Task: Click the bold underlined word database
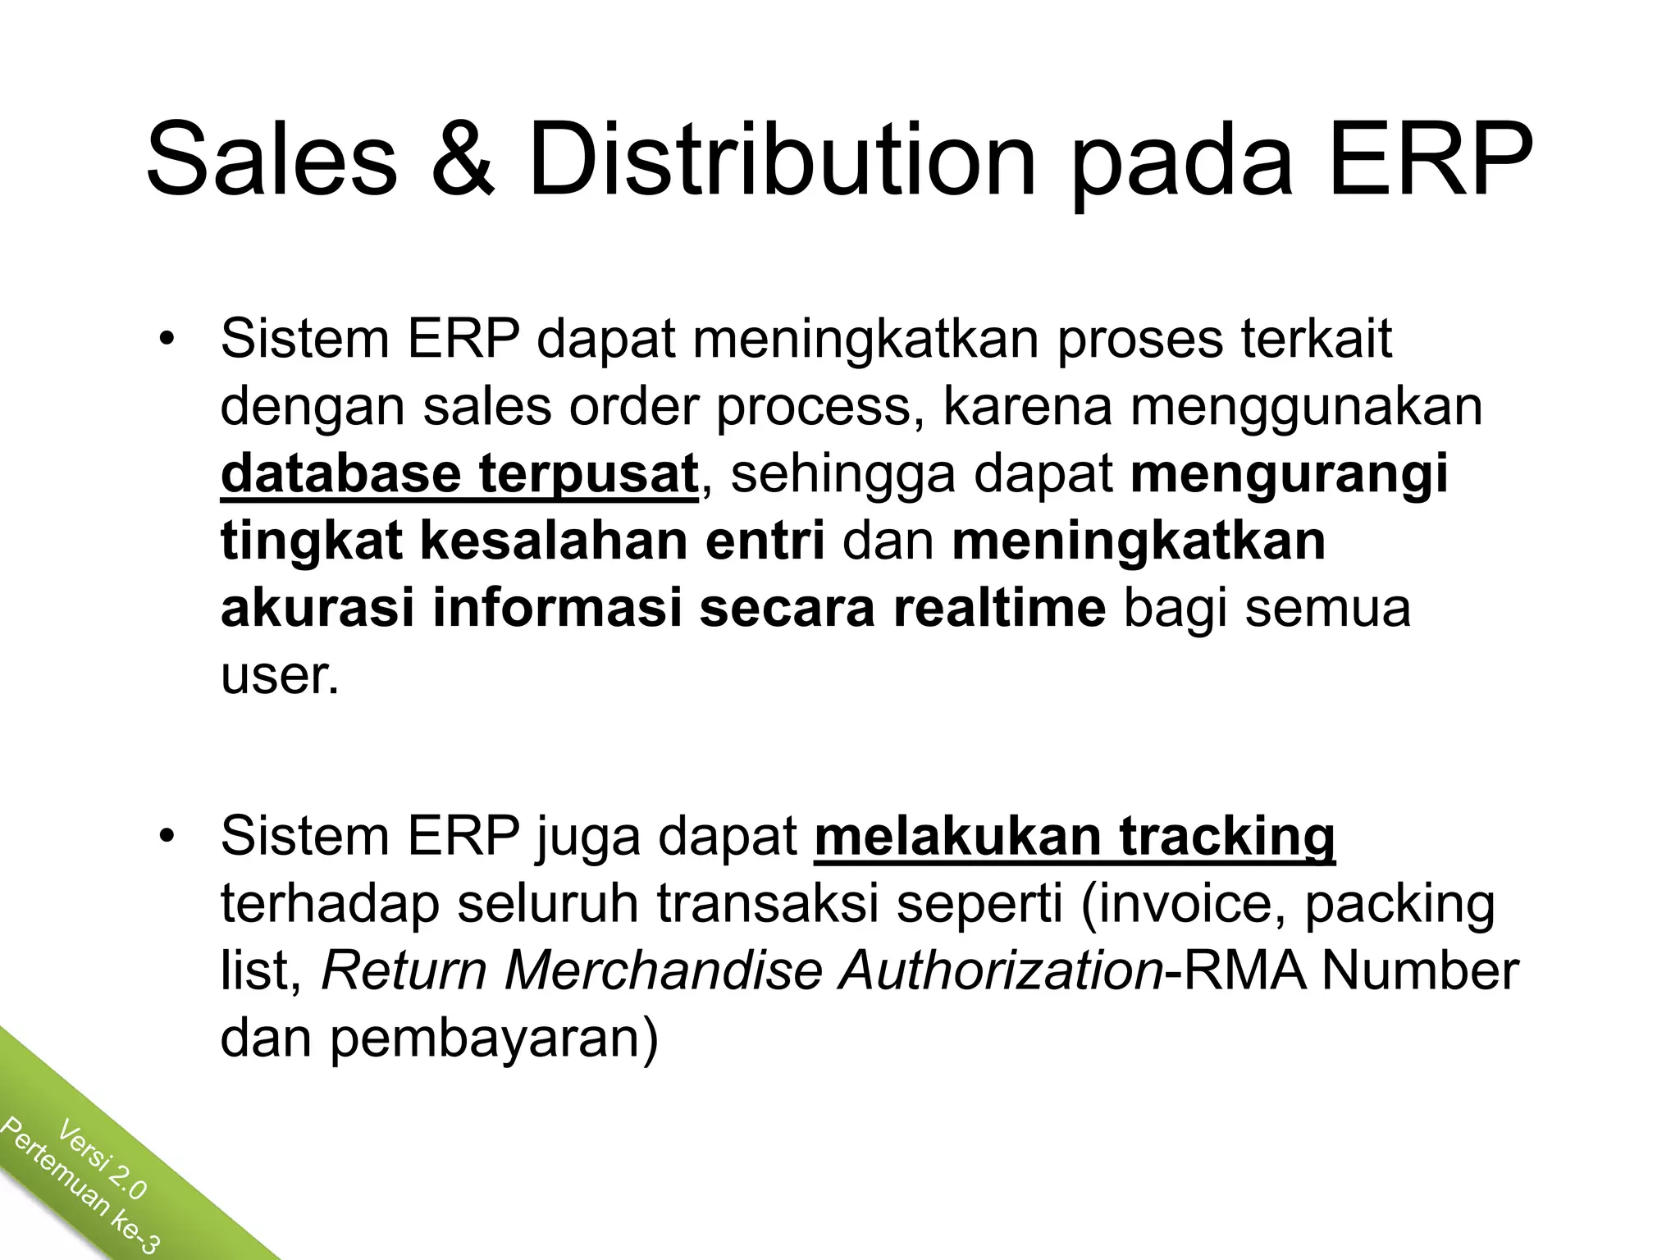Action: coord(340,474)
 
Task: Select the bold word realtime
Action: coord(999,609)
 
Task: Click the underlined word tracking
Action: coord(1227,837)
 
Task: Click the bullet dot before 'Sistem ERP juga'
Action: coord(168,838)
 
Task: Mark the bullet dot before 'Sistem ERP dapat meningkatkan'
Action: coord(168,340)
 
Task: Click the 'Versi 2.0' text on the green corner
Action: coord(103,1162)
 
